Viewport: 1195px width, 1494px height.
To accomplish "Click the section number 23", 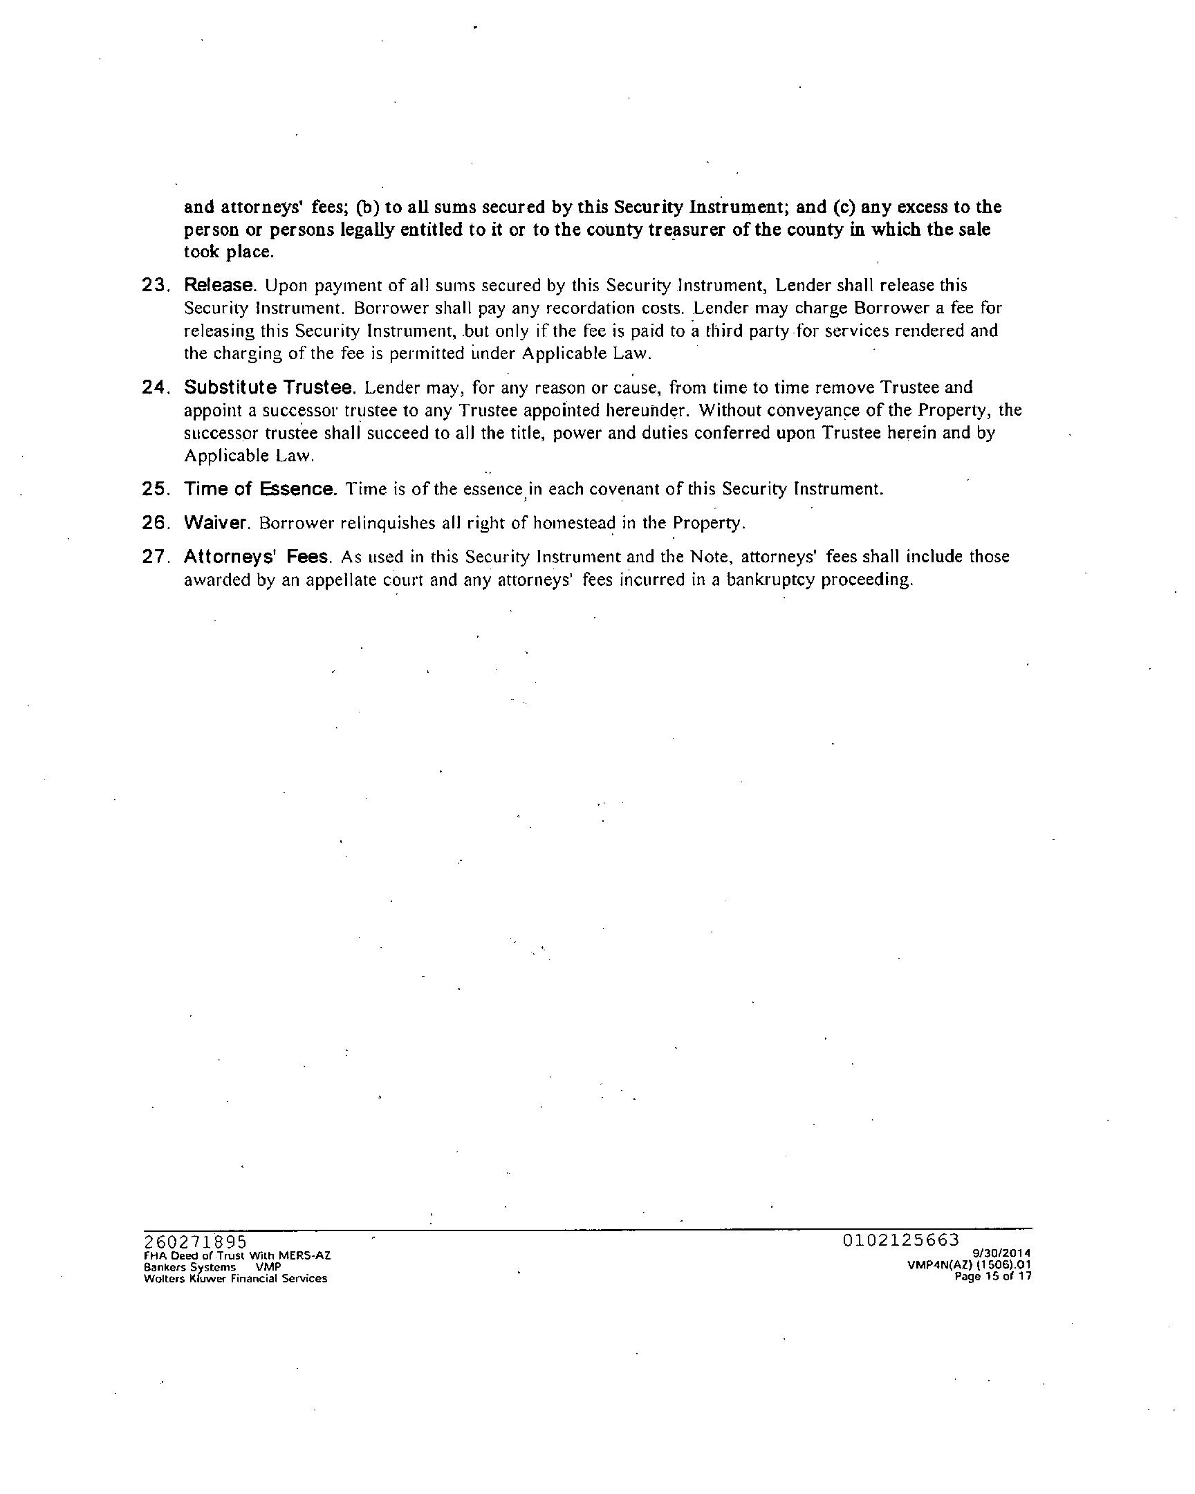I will pyautogui.click(x=156, y=286).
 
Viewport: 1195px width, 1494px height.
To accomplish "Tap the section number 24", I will pyautogui.click(x=156, y=387).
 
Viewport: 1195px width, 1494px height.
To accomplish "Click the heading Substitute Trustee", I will pyautogui.click(x=270, y=387).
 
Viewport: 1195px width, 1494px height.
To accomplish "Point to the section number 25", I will pyautogui.click(x=156, y=489).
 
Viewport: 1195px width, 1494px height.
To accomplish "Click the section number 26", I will pyautogui.click(x=156, y=523).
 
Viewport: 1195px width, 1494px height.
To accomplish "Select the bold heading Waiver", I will pyautogui.click(x=216, y=523).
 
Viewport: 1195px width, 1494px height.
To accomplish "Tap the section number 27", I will pyautogui.click(x=156, y=557).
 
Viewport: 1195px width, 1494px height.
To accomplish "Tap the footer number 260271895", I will pyautogui.click(x=194, y=1241).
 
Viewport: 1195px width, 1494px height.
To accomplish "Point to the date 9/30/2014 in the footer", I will pyautogui.click(x=1002, y=1253).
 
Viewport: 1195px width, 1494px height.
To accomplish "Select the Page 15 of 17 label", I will pyautogui.click(x=992, y=1276).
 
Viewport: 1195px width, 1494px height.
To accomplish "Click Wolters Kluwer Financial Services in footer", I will pyautogui.click(x=235, y=1278).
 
